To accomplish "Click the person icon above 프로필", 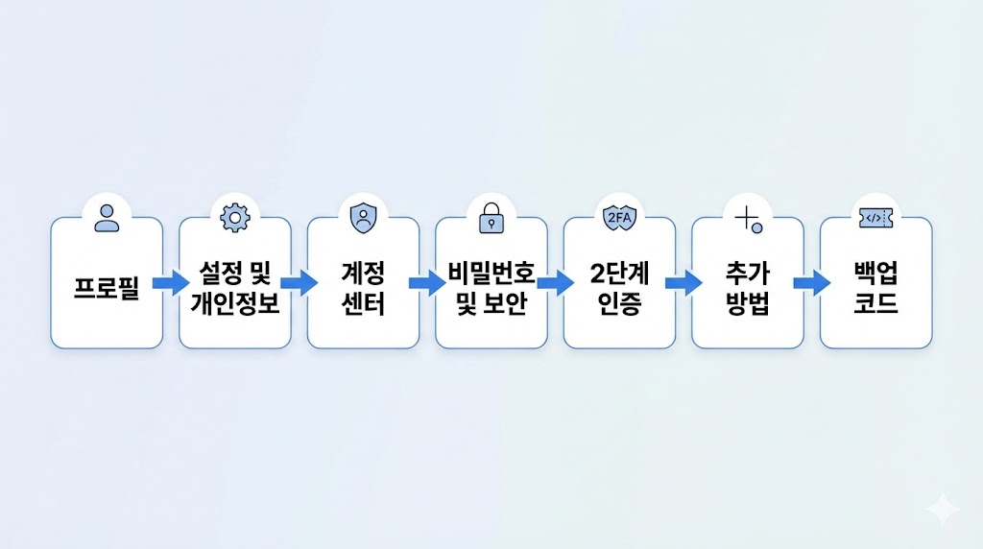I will point(107,218).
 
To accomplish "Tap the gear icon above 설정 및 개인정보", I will point(234,218).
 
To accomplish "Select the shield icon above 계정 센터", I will point(363,218).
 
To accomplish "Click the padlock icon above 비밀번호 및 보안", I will point(491,218).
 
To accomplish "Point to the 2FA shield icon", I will point(619,218).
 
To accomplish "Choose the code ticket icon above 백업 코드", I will point(875,218).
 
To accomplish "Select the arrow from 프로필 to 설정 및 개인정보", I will point(171,283).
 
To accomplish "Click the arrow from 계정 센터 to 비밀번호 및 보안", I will point(426,283).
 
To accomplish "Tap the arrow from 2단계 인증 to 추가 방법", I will point(683,283).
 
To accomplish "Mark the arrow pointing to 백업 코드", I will point(811,283).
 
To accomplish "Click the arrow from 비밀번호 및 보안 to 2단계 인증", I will point(555,283).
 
